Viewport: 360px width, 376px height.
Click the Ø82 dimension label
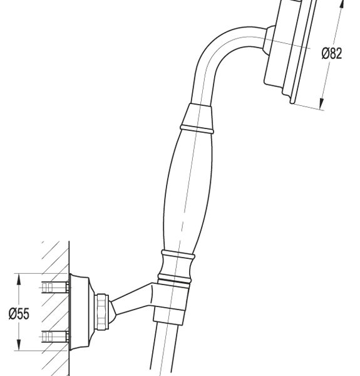pyautogui.click(x=332, y=53)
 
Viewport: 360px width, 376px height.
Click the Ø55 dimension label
pyautogui.click(x=19, y=314)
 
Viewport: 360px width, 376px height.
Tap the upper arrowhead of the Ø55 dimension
pyautogui.click(x=19, y=279)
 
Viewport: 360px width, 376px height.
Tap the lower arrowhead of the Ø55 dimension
pyautogui.click(x=19, y=345)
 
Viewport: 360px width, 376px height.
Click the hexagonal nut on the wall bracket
pyautogui.click(x=101, y=311)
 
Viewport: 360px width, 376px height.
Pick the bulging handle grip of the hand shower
pyautogui.click(x=188, y=192)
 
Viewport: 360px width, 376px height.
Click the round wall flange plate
pyautogui.click(x=80, y=311)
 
